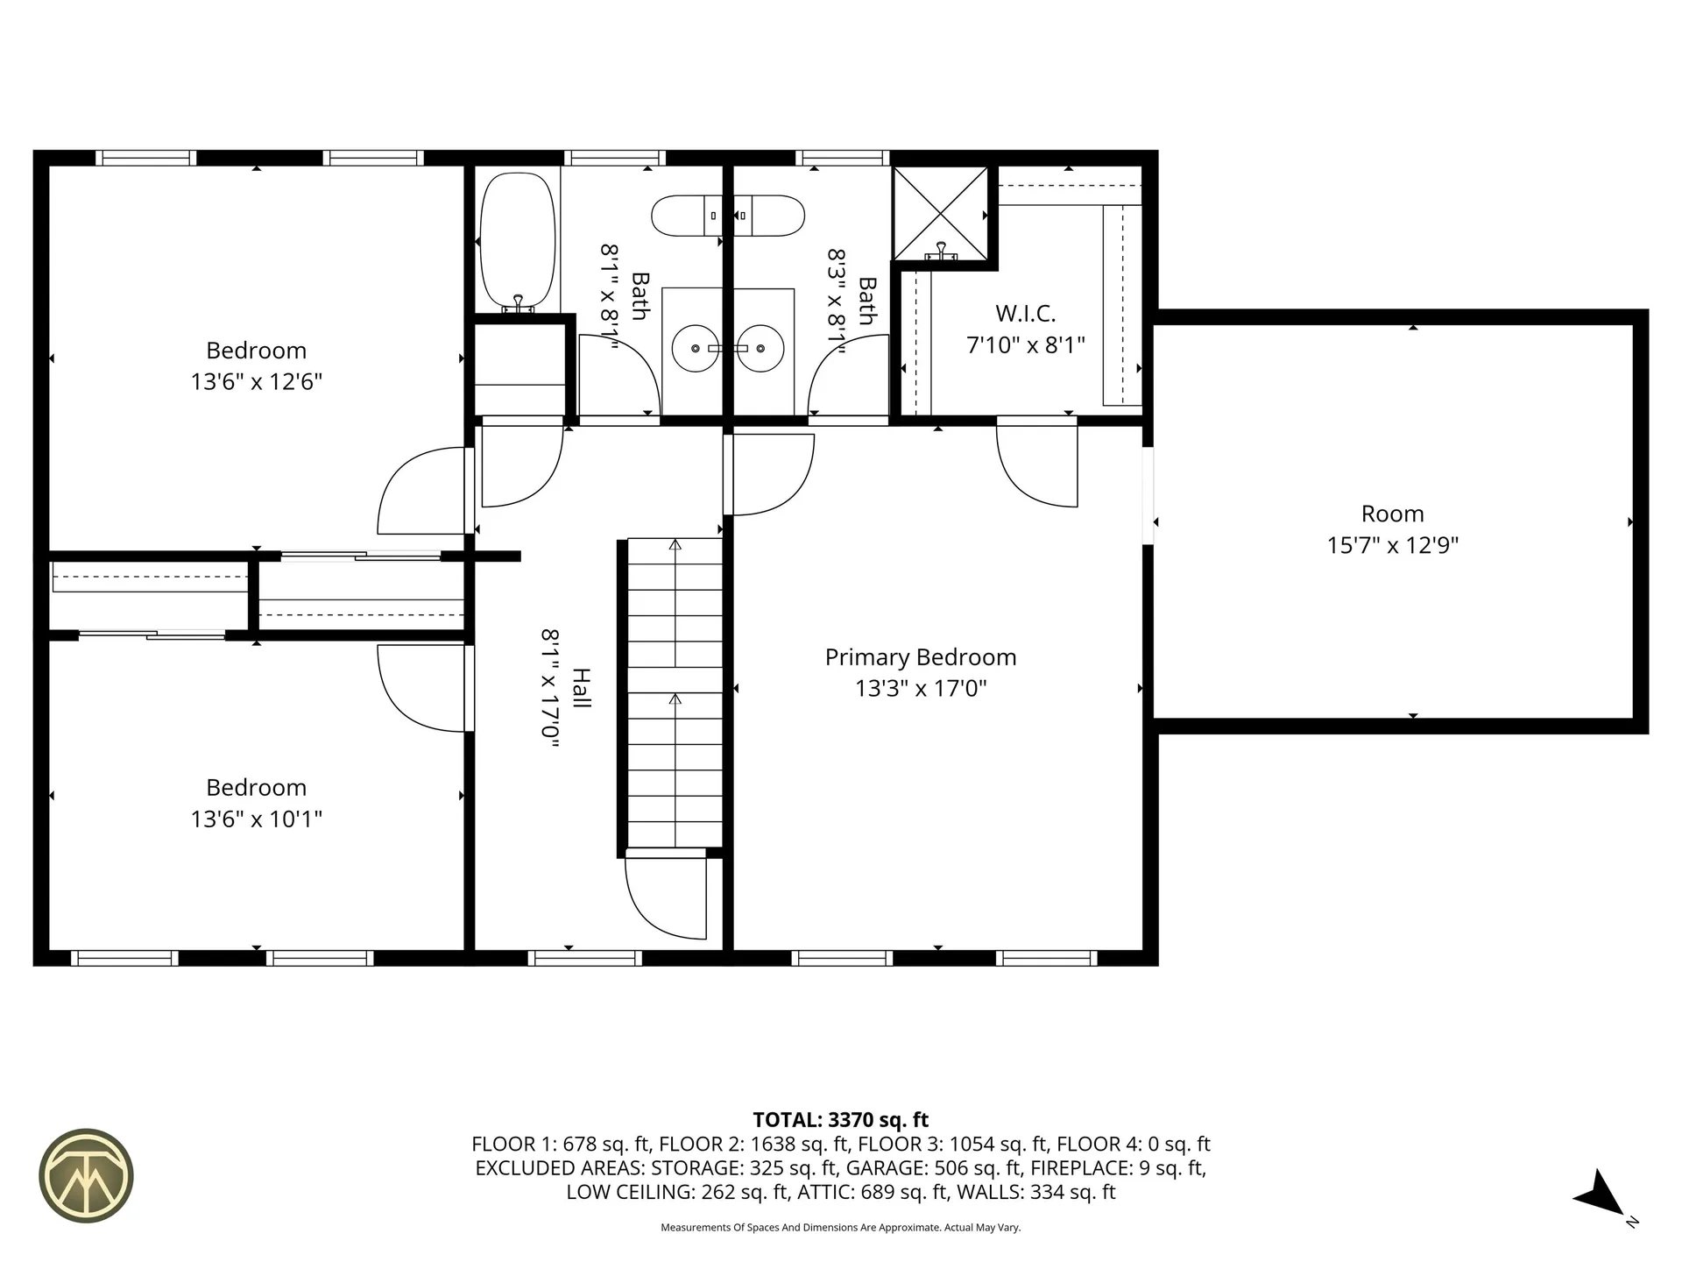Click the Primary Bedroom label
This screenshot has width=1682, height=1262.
(921, 657)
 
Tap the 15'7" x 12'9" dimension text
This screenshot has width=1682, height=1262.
(1392, 545)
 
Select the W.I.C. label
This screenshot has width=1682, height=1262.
(1025, 313)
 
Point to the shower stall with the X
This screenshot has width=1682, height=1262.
(940, 213)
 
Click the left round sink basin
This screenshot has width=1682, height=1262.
(696, 348)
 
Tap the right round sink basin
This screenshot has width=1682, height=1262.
(759, 348)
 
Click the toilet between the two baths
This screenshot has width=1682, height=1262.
(728, 216)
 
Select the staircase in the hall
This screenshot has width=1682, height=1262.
(675, 692)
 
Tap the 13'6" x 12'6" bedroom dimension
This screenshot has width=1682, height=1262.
(257, 382)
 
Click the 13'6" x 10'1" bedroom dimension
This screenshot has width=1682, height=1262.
(257, 819)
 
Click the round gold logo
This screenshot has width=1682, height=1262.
(86, 1175)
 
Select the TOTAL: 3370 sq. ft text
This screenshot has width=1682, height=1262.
(840, 1120)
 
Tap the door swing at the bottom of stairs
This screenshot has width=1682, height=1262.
(666, 898)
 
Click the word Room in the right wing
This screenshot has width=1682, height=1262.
(1392, 514)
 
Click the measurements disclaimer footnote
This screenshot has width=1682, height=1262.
(840, 1228)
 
